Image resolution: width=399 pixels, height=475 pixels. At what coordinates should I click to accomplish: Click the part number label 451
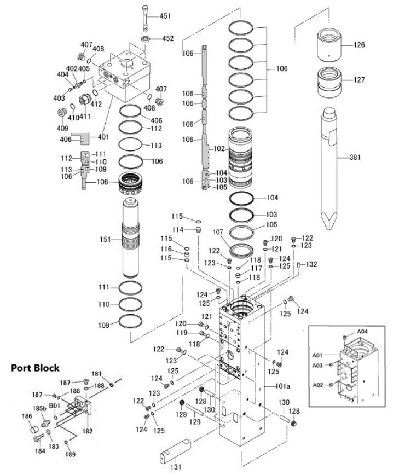165,16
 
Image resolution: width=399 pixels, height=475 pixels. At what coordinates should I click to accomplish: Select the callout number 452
167,39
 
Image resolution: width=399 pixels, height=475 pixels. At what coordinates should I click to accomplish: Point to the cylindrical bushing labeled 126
329,46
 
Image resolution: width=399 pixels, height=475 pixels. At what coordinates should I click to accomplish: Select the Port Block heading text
36,368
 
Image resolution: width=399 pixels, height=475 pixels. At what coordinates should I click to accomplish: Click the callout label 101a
282,386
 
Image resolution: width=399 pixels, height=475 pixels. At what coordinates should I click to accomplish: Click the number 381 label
356,158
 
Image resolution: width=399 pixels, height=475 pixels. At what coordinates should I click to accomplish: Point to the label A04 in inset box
363,331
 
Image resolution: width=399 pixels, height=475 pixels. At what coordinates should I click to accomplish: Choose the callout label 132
311,264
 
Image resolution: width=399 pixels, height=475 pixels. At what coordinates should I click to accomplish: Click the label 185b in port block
39,408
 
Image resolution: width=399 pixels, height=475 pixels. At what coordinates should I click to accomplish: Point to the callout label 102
219,148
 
